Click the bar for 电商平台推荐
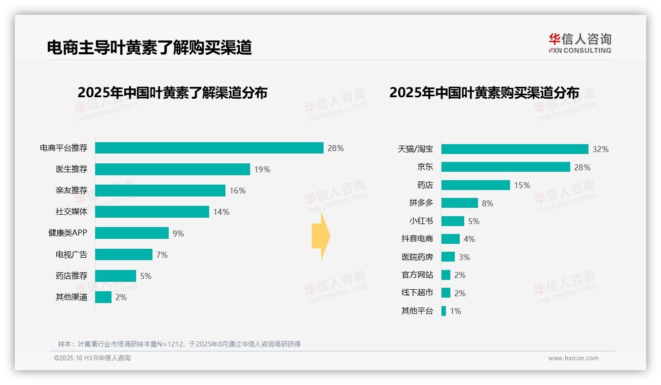[209, 148]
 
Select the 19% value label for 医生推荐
[262, 169]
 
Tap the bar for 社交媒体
[152, 212]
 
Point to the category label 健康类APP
[68, 233]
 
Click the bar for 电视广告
[124, 255]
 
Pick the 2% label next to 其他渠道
[121, 297]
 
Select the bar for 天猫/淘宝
[514, 149]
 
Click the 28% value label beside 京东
[582, 167]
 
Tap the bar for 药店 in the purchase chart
[476, 185]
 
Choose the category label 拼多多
[421, 203]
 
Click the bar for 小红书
[452, 221]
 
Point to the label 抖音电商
[417, 239]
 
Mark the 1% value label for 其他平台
[455, 311]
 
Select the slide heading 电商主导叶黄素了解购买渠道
[149, 47]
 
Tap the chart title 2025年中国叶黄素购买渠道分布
[484, 92]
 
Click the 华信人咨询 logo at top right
[580, 43]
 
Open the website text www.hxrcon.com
[573, 358]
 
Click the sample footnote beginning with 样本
[179, 344]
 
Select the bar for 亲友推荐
[160, 191]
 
